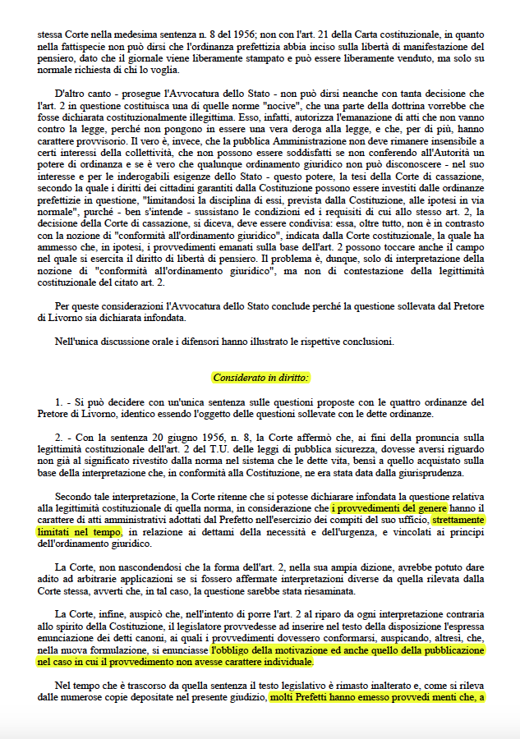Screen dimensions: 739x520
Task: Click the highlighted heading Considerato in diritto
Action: [260, 378]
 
